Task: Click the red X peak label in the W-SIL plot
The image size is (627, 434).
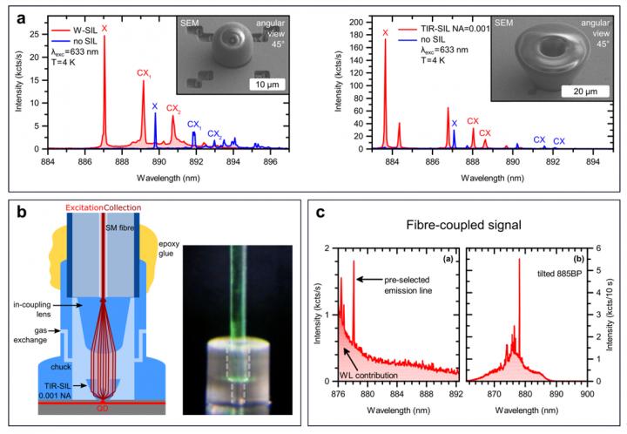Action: (104, 29)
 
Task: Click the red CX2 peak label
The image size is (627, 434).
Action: (172, 109)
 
